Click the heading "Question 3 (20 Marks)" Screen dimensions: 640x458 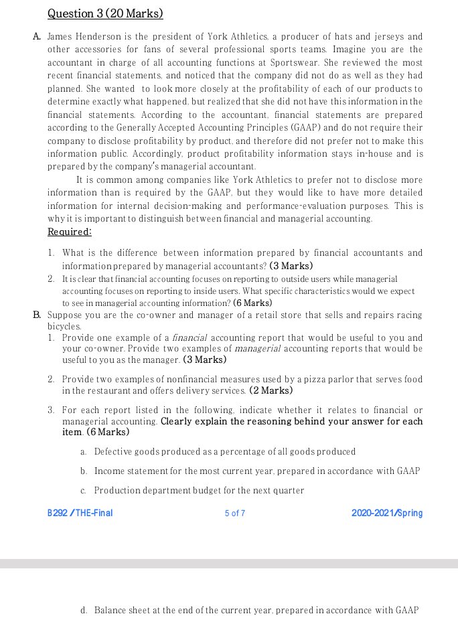pos(105,13)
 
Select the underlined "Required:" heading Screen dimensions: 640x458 pos(70,232)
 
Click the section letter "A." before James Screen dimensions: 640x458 pos(37,36)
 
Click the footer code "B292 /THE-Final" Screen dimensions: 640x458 pos(80,513)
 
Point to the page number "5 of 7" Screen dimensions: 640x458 pos(235,513)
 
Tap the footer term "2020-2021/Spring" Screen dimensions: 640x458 pos(386,513)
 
